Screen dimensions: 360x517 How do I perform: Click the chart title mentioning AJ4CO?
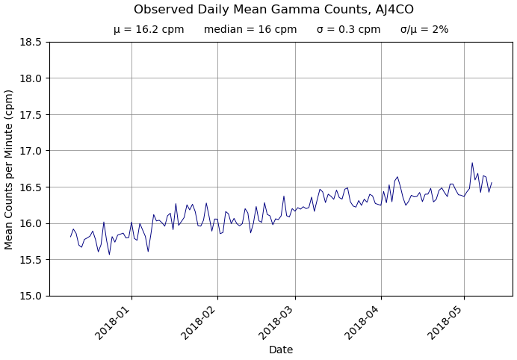(273, 10)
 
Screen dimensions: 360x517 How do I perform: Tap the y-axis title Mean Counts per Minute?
(10, 170)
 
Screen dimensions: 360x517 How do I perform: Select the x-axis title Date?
(281, 350)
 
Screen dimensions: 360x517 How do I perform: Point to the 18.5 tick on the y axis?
(30, 42)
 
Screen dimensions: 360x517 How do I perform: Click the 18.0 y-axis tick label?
(30, 78)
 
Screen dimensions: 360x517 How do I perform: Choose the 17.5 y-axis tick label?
(30, 114)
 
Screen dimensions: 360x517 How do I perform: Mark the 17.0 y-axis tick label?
(30, 151)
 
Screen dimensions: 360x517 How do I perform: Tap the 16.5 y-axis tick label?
(30, 187)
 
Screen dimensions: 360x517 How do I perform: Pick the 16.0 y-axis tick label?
(30, 223)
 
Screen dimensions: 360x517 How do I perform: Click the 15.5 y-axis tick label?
(30, 260)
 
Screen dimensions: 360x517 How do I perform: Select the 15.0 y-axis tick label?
(30, 296)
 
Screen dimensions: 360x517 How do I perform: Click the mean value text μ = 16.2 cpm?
(149, 30)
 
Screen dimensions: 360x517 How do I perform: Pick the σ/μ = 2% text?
(424, 30)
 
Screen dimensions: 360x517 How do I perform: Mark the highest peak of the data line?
(472, 163)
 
